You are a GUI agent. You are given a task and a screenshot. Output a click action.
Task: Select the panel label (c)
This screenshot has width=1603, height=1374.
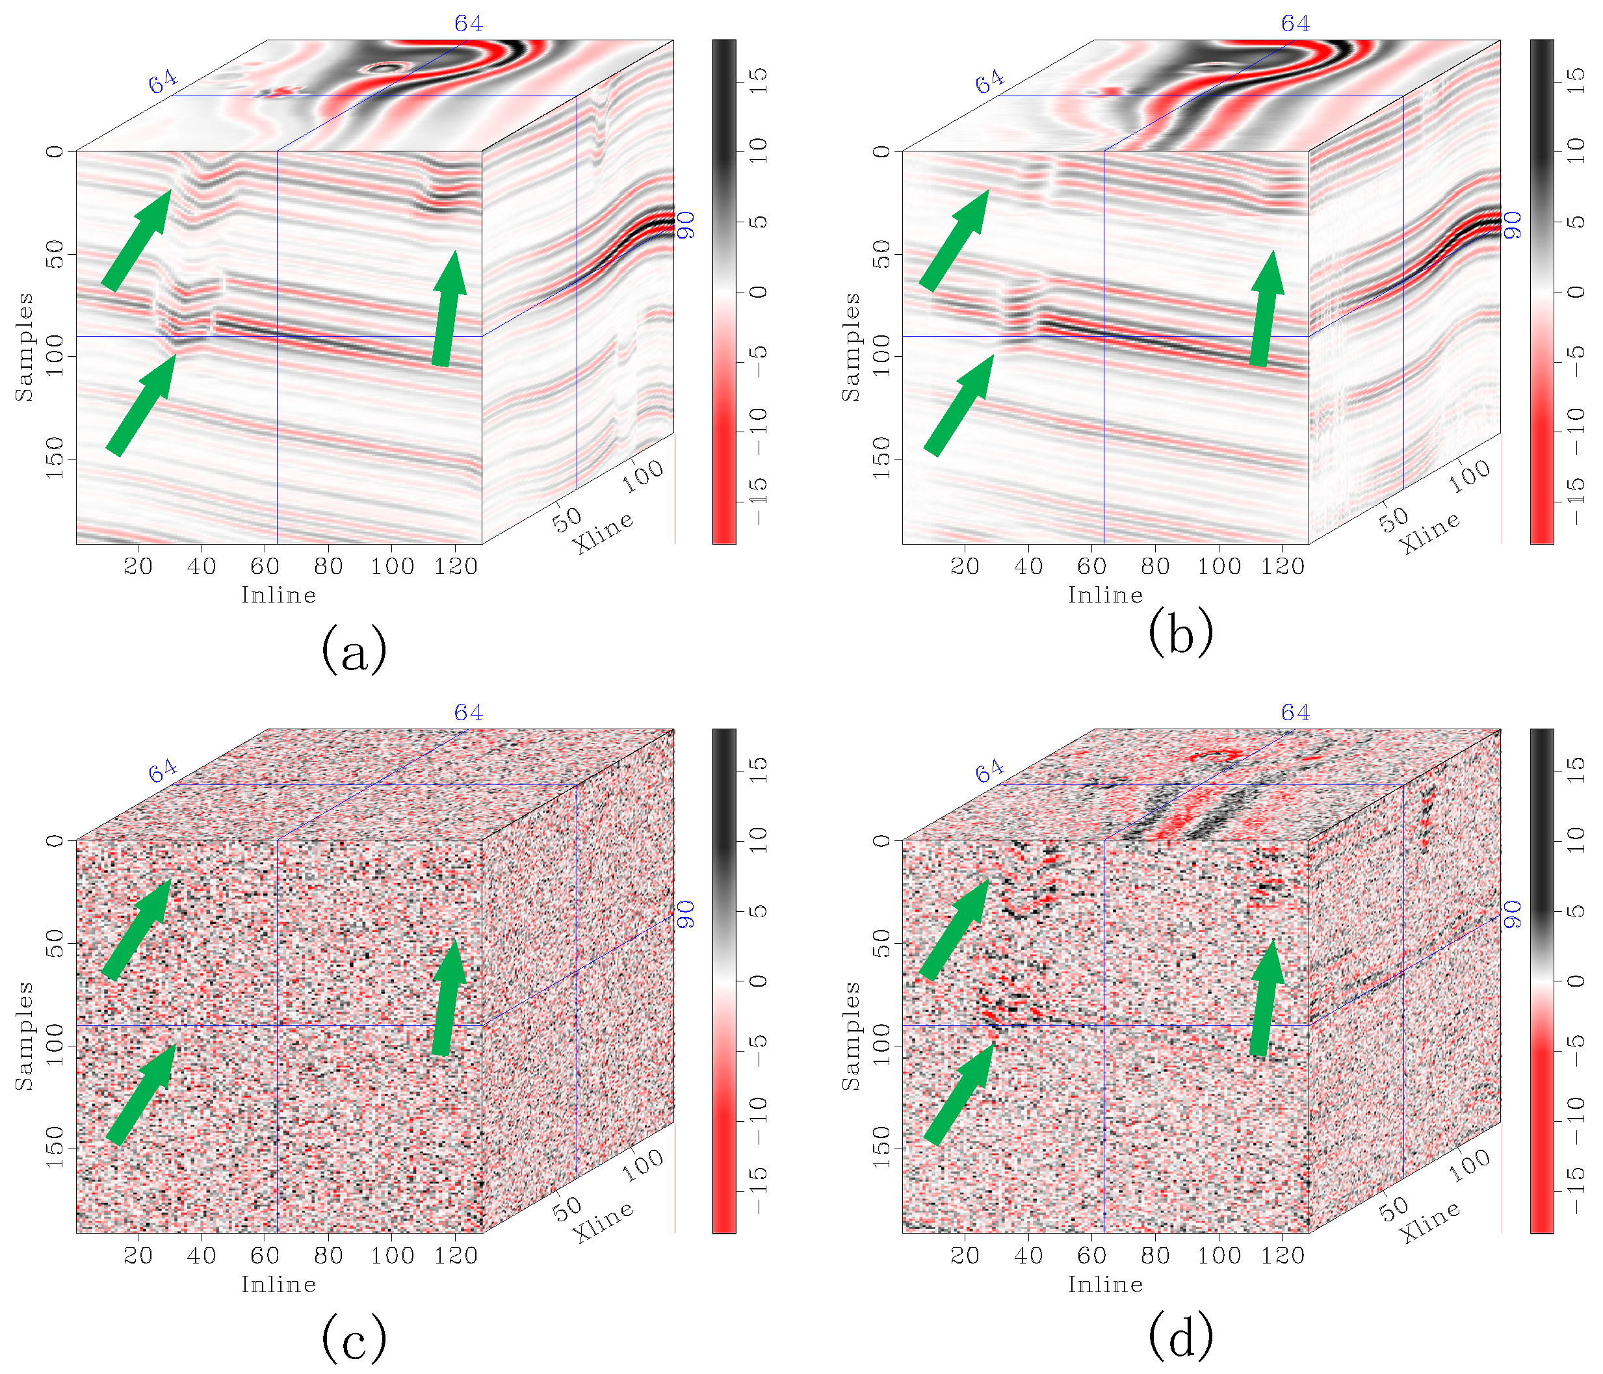click(353, 1338)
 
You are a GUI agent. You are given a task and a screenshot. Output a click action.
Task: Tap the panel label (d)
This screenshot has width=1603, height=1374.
click(1180, 1338)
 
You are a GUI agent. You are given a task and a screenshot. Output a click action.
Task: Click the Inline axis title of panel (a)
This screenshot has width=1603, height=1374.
click(278, 595)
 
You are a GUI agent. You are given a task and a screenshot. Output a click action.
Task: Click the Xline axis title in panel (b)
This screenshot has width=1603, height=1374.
click(1429, 532)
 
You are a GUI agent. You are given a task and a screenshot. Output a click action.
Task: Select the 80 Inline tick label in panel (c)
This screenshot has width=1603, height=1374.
click(328, 1256)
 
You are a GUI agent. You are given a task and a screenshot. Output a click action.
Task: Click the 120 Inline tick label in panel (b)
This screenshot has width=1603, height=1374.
click(1283, 566)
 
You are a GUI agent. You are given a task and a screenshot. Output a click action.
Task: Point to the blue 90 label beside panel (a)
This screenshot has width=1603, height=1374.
click(685, 225)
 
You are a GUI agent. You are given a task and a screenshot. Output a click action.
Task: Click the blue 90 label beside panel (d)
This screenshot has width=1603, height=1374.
click(1513, 914)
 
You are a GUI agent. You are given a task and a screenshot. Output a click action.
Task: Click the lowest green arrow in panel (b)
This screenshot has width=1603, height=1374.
click(958, 406)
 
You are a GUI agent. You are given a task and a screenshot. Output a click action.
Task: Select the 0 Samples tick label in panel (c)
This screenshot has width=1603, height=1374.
click(54, 840)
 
